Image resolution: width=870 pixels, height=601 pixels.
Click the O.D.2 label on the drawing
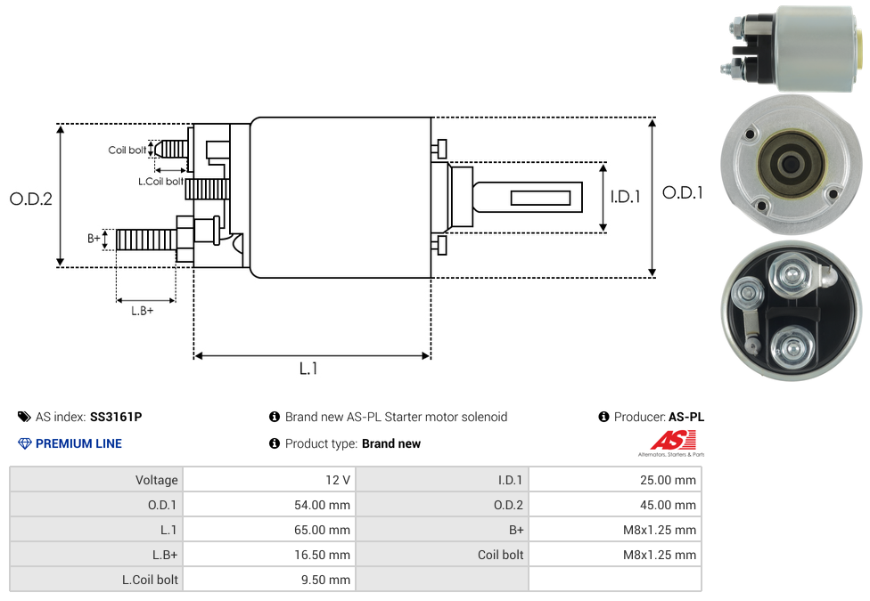pos(31,199)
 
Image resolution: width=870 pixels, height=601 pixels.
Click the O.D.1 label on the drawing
pos(683,192)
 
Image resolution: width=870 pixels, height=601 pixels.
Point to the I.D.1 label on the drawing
pos(625,198)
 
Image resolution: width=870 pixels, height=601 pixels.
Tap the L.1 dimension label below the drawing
pos(308,369)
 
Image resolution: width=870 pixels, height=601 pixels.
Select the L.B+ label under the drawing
pos(143,311)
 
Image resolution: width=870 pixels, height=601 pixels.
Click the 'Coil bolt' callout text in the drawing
pos(127,150)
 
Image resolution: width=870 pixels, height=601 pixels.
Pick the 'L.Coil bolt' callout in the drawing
pos(160,181)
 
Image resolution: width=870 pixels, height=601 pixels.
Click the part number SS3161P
pos(116,417)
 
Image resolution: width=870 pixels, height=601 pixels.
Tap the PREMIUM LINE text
pos(78,443)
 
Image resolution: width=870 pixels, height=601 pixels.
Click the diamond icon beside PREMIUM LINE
pos(24,443)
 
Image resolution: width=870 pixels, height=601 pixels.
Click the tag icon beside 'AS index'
pos(24,417)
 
